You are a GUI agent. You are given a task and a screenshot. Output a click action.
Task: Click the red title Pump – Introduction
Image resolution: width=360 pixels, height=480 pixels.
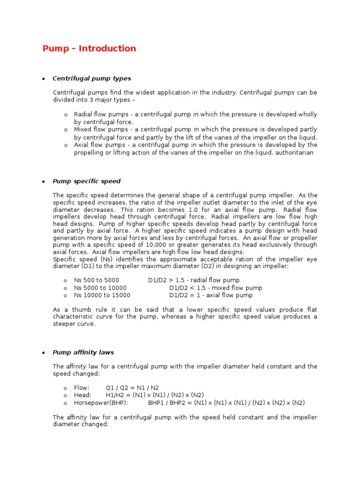tap(89, 49)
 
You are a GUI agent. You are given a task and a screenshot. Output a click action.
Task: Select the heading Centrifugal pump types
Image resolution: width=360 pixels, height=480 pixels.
tap(92, 78)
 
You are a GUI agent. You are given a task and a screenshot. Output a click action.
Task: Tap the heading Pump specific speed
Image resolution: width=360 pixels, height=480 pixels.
tap(86, 181)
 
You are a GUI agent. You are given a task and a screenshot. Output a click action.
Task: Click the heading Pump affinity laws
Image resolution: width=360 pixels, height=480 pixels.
tap(83, 352)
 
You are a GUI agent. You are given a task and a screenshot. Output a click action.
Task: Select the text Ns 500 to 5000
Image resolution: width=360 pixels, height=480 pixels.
tap(93, 280)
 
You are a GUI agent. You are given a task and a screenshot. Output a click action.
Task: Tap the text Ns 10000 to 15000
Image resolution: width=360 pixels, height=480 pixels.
tap(102, 295)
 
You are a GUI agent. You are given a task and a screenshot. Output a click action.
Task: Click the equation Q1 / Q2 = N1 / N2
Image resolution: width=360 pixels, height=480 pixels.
tap(132, 388)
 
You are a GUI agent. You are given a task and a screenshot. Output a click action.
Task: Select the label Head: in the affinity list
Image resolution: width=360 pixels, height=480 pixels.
tap(83, 395)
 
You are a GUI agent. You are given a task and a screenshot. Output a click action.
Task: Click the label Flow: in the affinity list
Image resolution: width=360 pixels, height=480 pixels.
tap(82, 388)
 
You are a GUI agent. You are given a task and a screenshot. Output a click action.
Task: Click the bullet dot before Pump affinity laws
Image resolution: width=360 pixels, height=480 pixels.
tap(43, 353)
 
